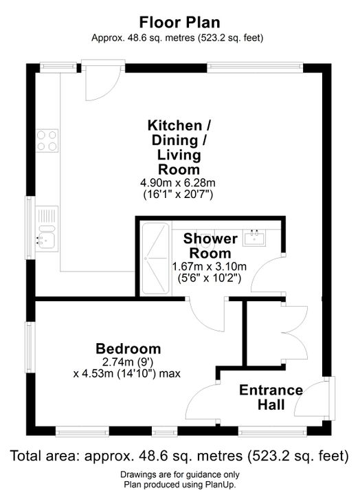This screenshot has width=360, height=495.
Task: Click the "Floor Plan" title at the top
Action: point(179,23)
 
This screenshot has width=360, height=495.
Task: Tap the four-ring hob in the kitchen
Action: point(47,140)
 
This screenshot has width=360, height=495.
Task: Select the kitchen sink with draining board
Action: point(47,229)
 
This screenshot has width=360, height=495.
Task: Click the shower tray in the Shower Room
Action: point(155,259)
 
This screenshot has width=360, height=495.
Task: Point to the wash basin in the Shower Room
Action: point(254,238)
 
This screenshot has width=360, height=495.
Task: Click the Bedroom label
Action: point(128,349)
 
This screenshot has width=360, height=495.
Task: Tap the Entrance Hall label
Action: point(271,397)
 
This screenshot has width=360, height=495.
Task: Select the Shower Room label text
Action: point(210,246)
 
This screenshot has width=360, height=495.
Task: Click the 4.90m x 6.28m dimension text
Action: point(178,182)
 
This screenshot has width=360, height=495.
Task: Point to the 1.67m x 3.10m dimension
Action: point(209,267)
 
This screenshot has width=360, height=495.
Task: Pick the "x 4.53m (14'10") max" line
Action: point(127,374)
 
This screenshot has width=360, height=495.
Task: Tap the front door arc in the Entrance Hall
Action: point(308,398)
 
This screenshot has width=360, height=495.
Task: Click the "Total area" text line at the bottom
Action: point(179,456)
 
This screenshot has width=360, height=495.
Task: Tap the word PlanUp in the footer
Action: point(222,485)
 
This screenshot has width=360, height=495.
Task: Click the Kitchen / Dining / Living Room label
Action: point(179,147)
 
